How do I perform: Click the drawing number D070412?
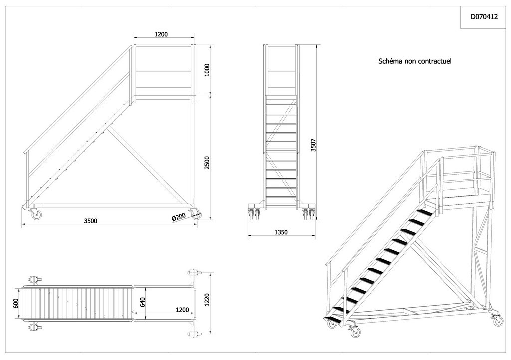pyautogui.click(x=484, y=17)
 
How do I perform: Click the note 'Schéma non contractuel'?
pyautogui.click(x=415, y=61)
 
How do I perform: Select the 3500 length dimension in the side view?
pyautogui.click(x=91, y=221)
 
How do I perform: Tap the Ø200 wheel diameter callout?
pyautogui.click(x=179, y=217)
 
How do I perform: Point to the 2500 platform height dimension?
pyautogui.click(x=207, y=163)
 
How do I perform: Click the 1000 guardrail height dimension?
pyautogui.click(x=207, y=70)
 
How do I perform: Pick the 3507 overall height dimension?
pyautogui.click(x=313, y=145)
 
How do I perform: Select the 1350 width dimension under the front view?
pyautogui.click(x=281, y=232)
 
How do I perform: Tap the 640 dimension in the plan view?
pyautogui.click(x=142, y=302)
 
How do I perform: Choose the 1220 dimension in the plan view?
pyautogui.click(x=207, y=300)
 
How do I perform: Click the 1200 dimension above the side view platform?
pyautogui.click(x=161, y=34)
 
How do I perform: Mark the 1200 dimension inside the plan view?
pyautogui.click(x=182, y=310)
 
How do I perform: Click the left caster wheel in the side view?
pyautogui.click(x=36, y=214)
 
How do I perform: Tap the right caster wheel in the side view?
pyautogui.click(x=196, y=214)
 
